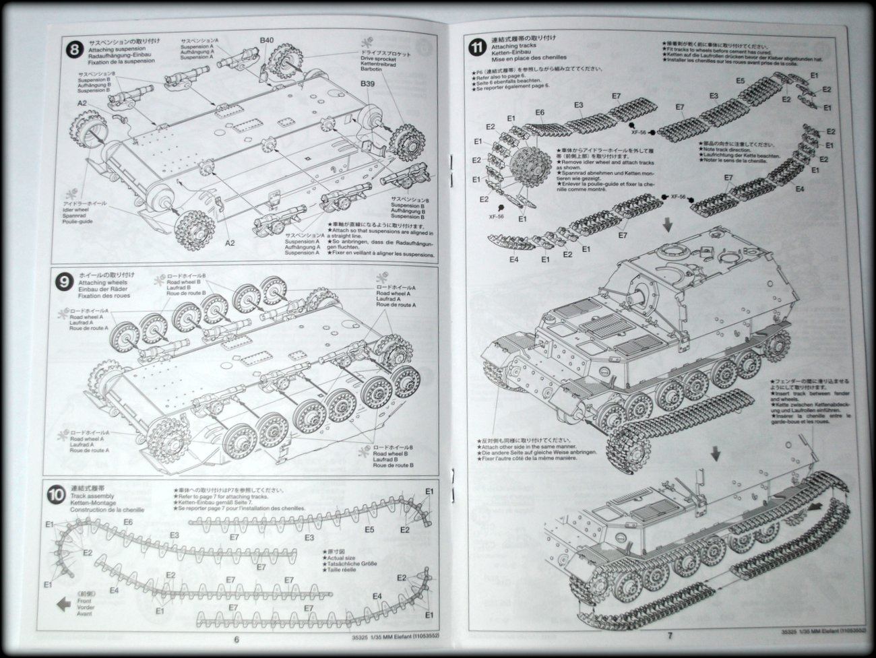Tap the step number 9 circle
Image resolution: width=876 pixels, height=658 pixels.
click(x=63, y=282)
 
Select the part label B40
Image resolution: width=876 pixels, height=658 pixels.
click(x=268, y=40)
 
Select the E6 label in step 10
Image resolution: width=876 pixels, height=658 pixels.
click(x=128, y=522)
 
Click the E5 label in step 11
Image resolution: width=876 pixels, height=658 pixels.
click(x=740, y=81)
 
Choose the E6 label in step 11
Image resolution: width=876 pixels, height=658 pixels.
click(x=540, y=112)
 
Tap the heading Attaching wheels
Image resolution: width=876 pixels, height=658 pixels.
click(x=96, y=283)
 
